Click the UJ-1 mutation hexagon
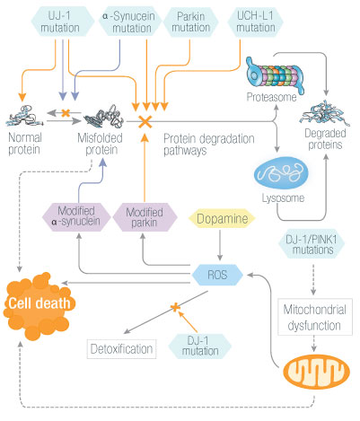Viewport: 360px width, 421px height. (x=63, y=22)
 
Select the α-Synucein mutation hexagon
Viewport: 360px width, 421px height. (x=130, y=22)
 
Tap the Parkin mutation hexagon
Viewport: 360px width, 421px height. (x=191, y=22)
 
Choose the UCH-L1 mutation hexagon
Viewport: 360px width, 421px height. (x=255, y=22)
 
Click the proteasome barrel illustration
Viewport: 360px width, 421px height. (x=274, y=75)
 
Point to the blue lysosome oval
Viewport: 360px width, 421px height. (x=281, y=173)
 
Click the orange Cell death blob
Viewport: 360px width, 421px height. (x=38, y=305)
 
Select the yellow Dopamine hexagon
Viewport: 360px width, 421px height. (x=222, y=218)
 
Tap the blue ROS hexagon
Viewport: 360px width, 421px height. (x=217, y=275)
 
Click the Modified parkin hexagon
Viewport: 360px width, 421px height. (x=145, y=217)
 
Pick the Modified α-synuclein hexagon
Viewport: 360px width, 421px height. (x=76, y=217)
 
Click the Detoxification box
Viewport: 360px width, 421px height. (x=121, y=349)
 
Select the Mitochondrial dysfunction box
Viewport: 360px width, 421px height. (x=315, y=317)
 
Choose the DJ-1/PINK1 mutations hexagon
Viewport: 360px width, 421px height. (x=312, y=244)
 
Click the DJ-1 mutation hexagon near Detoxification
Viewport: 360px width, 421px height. (x=200, y=346)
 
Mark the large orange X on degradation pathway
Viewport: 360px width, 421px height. (x=145, y=122)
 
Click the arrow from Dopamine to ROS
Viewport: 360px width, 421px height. (x=220, y=245)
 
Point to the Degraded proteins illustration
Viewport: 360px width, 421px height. (x=324, y=113)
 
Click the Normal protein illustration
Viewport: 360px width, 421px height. (x=25, y=116)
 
